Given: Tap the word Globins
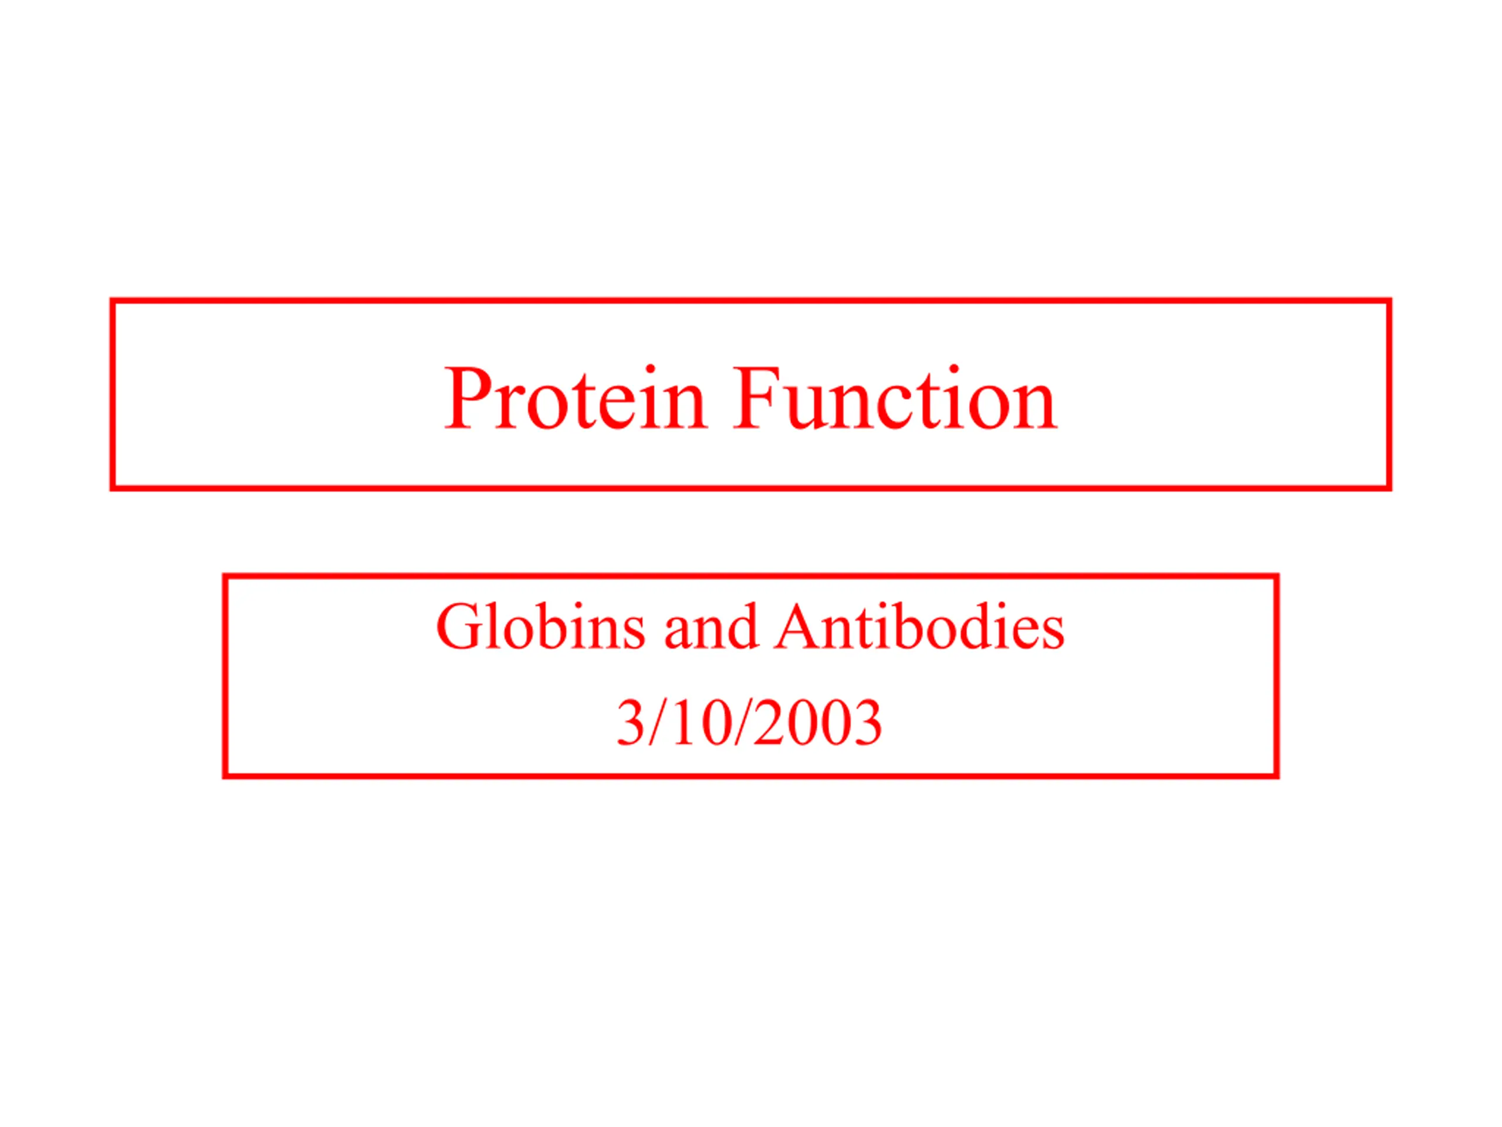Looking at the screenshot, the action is (540, 626).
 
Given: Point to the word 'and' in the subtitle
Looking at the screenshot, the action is (709, 627).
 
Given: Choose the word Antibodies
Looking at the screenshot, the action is (919, 626).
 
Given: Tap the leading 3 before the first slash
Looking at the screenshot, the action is (630, 722).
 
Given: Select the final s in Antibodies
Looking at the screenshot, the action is (1053, 635).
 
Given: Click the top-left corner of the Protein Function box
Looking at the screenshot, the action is (113, 301).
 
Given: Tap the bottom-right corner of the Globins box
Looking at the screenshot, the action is (1277, 775).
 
